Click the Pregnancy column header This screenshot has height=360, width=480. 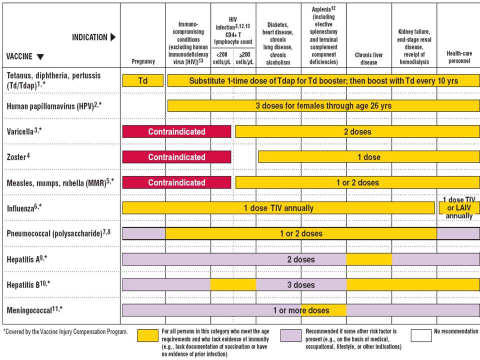(143, 61)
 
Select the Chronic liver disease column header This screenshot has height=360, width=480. (369, 58)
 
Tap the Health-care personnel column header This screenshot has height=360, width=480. (459, 57)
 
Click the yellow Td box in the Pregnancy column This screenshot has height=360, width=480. (143, 81)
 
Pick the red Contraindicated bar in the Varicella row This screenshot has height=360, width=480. (176, 131)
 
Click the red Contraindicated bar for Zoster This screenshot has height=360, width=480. (176, 157)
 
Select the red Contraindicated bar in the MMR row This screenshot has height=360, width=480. (176, 182)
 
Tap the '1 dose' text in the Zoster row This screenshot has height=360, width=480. (369, 157)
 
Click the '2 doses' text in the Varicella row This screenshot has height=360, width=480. (357, 132)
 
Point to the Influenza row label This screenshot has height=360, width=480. (24, 208)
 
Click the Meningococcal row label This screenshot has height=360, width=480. (34, 310)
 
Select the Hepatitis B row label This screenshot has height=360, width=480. (28, 284)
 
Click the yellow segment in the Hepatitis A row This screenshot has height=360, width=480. (369, 259)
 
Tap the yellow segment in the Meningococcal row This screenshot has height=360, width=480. (324, 310)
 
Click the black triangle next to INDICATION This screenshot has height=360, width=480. (113, 37)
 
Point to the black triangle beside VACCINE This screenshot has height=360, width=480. (40, 56)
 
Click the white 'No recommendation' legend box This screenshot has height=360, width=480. (421, 335)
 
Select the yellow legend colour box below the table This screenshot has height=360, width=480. (148, 335)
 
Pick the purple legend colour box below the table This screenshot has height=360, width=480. (291, 335)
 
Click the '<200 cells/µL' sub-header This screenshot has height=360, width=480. (222, 58)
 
